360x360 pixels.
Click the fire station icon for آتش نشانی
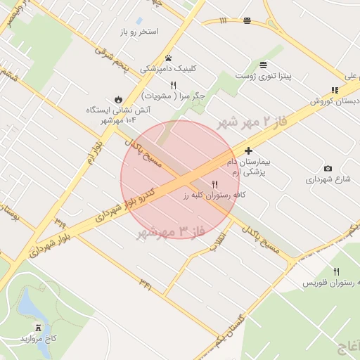coord(117,100)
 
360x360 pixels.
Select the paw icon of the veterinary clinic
coord(168,58)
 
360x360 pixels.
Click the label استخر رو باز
coord(139,32)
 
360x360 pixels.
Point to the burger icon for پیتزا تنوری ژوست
coord(263,64)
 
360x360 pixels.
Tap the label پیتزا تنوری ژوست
coord(262,75)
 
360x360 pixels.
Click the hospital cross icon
coord(248,150)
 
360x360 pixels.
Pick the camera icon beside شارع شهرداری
coord(328,168)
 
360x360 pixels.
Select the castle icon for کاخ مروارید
coord(39,327)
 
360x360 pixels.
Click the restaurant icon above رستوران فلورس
coord(336,271)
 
